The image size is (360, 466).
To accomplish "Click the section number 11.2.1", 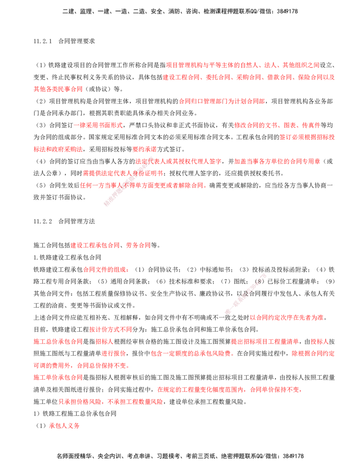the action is tap(42, 41).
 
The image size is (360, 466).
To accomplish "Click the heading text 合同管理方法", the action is tap(76, 222).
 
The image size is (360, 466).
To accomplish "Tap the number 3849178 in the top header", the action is tap(287, 12).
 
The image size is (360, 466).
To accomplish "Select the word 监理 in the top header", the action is tap(86, 12).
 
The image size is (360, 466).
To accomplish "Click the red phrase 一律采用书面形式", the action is tap(98, 126).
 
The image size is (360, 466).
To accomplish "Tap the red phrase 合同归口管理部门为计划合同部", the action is tap(221, 101).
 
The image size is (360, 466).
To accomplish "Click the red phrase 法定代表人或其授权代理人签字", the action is tap(178, 161).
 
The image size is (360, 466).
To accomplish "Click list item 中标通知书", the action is tap(215, 270).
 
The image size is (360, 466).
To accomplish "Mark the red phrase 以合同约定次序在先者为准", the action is tap(287, 318).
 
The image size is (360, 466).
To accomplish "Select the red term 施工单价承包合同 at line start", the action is tap(58, 378).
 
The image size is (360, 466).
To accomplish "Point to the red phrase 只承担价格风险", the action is tap(80, 402).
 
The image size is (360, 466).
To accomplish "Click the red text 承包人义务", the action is tap(64, 426).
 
